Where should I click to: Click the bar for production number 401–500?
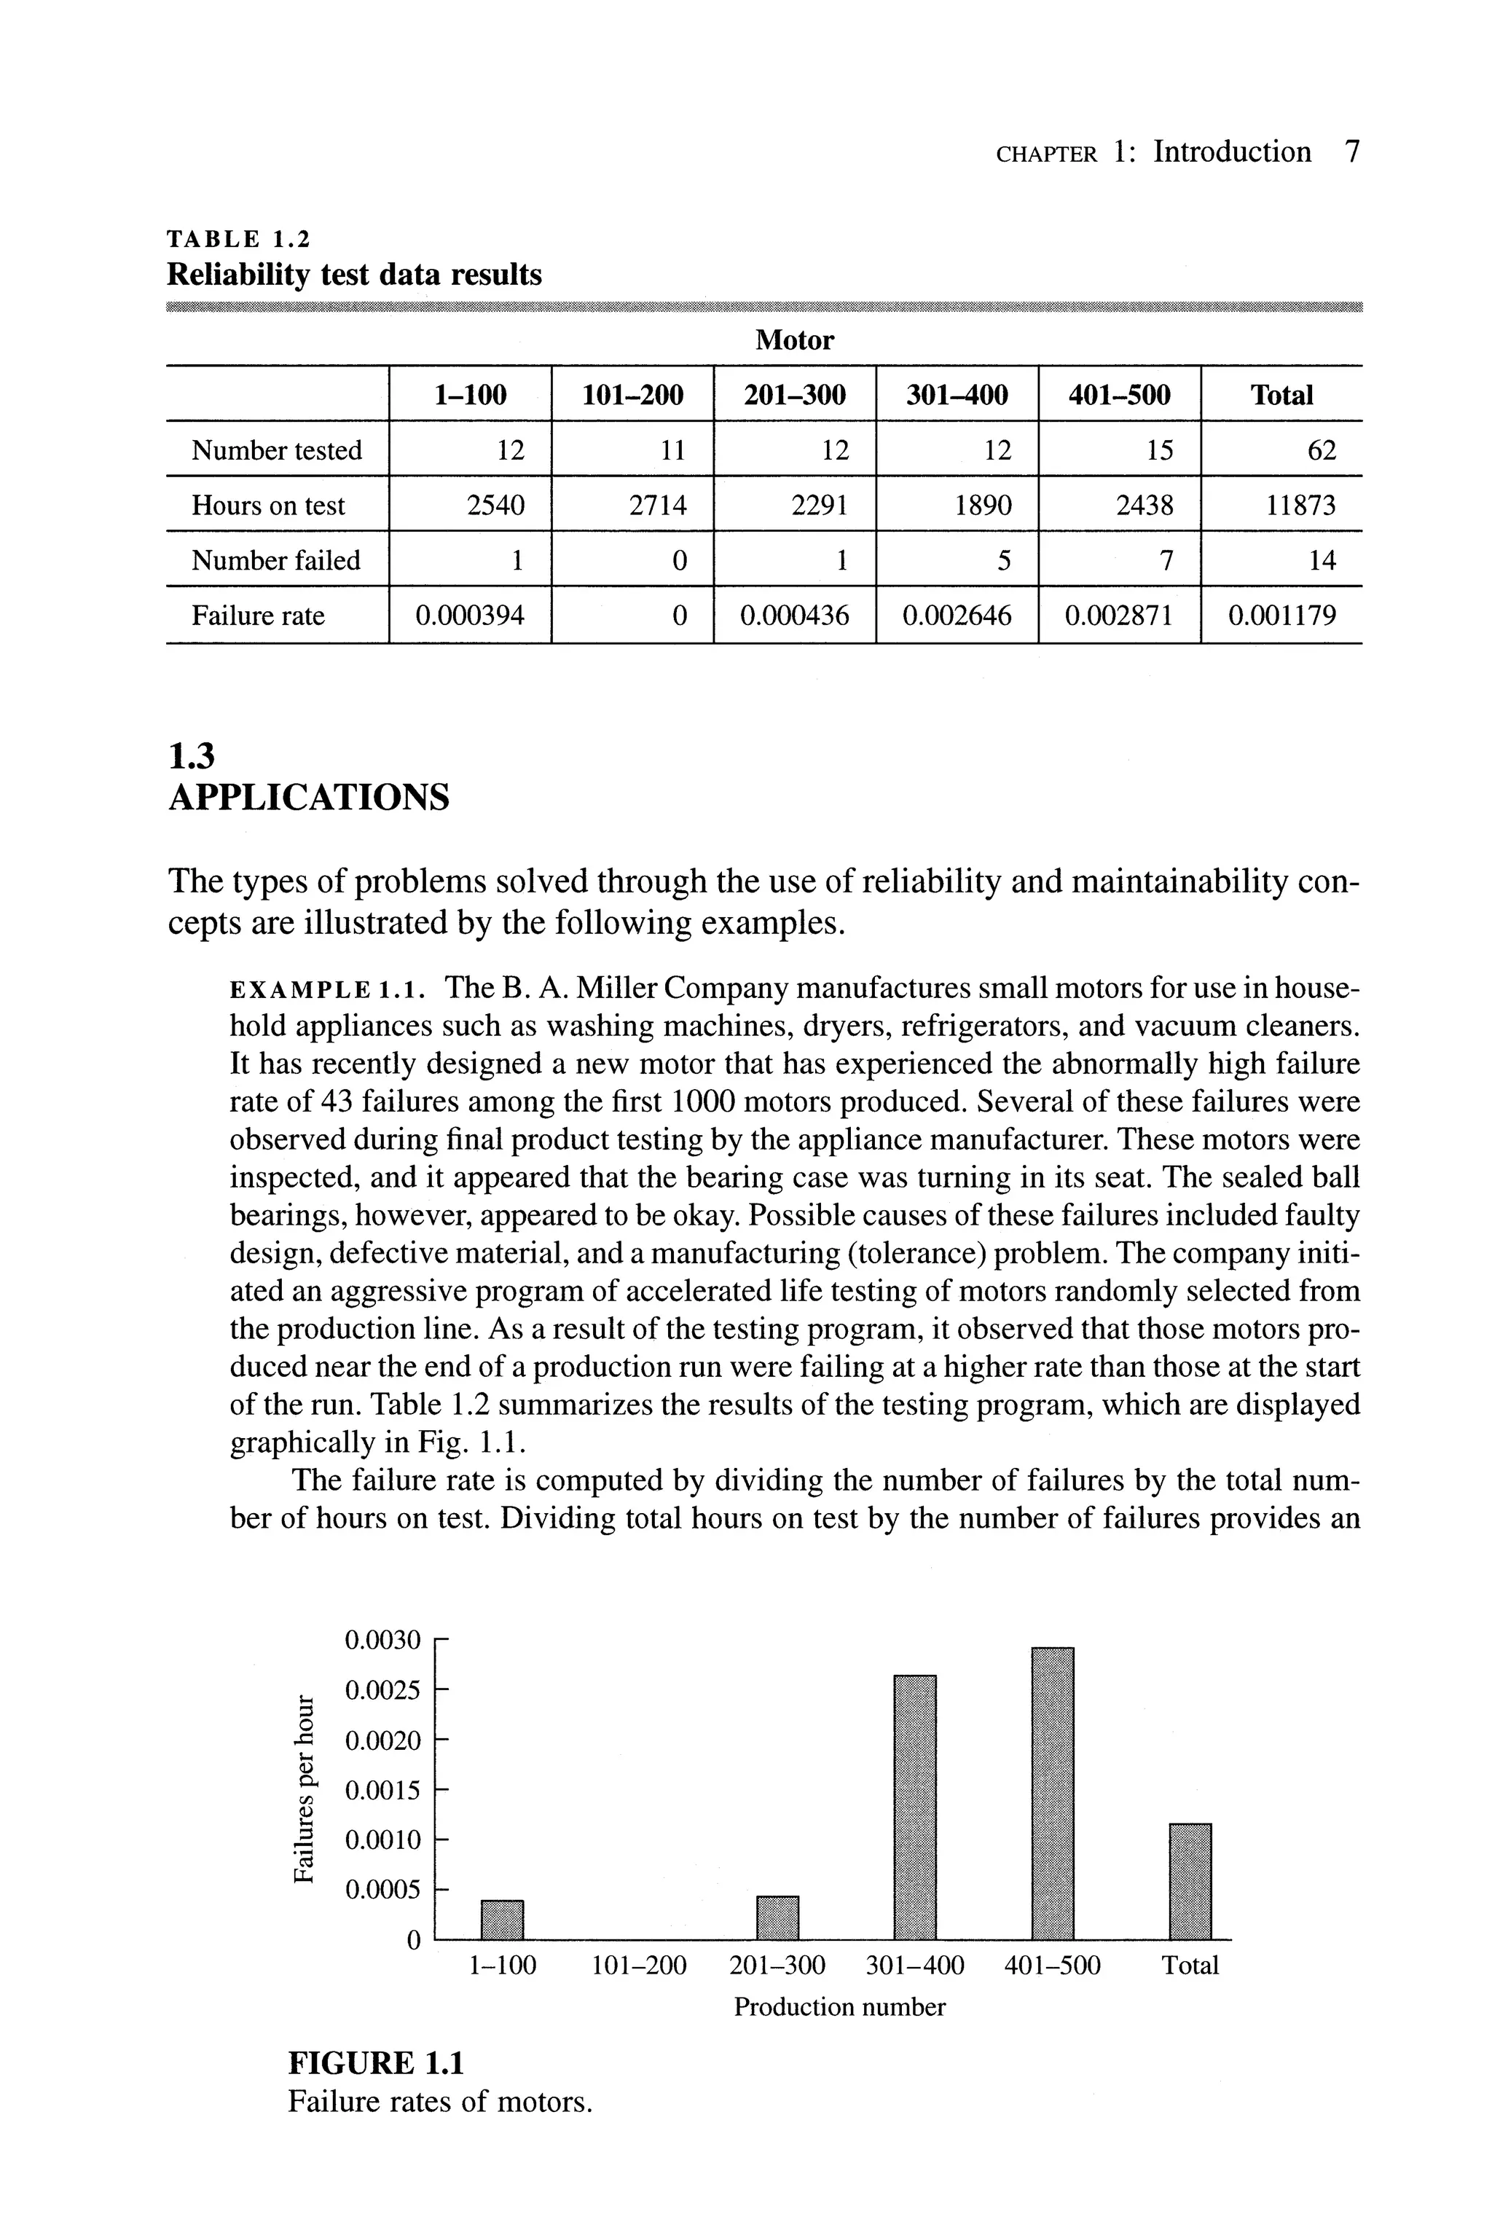point(1053,1793)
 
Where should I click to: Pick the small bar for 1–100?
point(503,1919)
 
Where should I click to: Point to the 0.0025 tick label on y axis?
point(382,1691)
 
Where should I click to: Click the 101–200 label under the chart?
point(638,1966)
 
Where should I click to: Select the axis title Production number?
point(839,2008)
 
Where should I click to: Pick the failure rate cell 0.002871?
point(1119,616)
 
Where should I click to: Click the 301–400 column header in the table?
point(957,395)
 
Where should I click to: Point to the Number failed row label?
point(276,560)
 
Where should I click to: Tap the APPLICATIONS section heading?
point(308,796)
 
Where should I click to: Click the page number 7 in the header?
point(1352,152)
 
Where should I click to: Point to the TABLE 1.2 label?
point(239,238)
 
